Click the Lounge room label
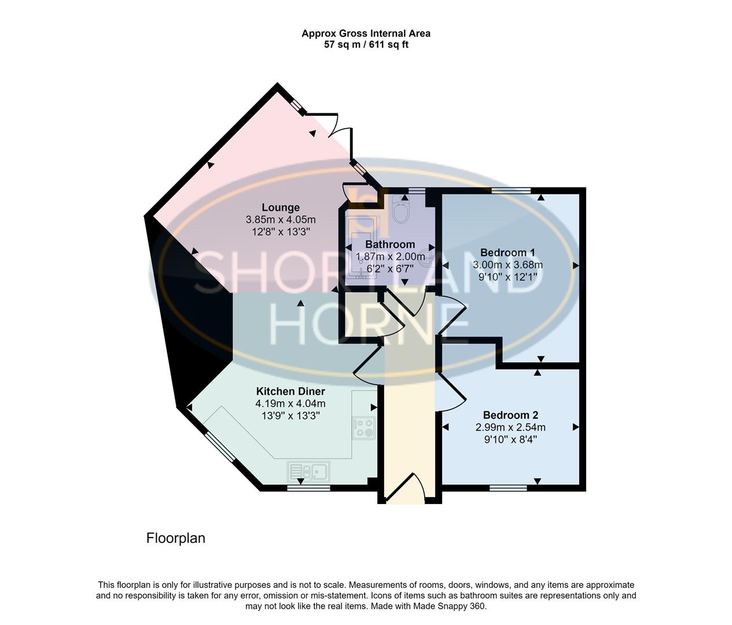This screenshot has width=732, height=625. click(281, 207)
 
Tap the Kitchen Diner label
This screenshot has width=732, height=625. click(290, 392)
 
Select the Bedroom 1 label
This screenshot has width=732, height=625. click(507, 252)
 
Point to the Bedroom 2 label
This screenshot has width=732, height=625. click(510, 415)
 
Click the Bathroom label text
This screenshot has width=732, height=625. click(390, 244)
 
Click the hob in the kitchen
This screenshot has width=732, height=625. click(364, 427)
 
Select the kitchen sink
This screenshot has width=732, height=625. click(308, 471)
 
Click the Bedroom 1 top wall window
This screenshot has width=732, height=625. click(511, 190)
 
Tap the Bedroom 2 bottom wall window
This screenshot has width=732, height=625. click(508, 488)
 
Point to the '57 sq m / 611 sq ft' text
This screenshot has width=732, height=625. click(366, 45)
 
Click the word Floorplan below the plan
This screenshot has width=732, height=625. click(176, 538)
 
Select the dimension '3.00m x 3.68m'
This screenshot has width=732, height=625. click(507, 264)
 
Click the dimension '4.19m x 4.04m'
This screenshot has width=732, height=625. click(290, 403)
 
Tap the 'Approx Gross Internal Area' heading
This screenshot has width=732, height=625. click(366, 34)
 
